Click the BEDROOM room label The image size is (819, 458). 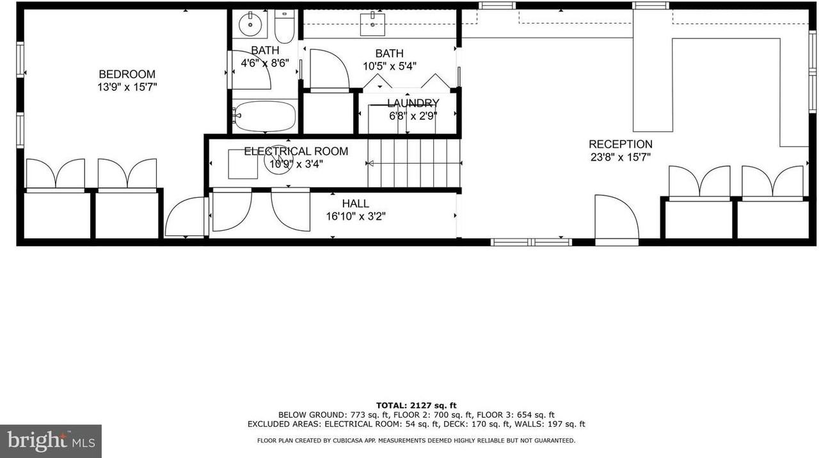127,74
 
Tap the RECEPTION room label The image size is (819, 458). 620,145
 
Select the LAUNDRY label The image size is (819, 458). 413,104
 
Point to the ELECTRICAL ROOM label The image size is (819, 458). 296,152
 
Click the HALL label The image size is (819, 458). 355,203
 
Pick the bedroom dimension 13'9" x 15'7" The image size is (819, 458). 127,87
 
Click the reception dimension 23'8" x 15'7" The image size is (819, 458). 620,157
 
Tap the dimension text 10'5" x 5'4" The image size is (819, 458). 390,66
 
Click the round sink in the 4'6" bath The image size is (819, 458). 248,25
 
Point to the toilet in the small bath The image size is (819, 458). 284,26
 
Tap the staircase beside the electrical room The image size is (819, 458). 414,163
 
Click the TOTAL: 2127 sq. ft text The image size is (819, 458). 416,405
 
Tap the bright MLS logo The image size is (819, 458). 51,441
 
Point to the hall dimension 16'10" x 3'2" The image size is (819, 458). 355,216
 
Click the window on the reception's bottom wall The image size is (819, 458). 531,242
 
